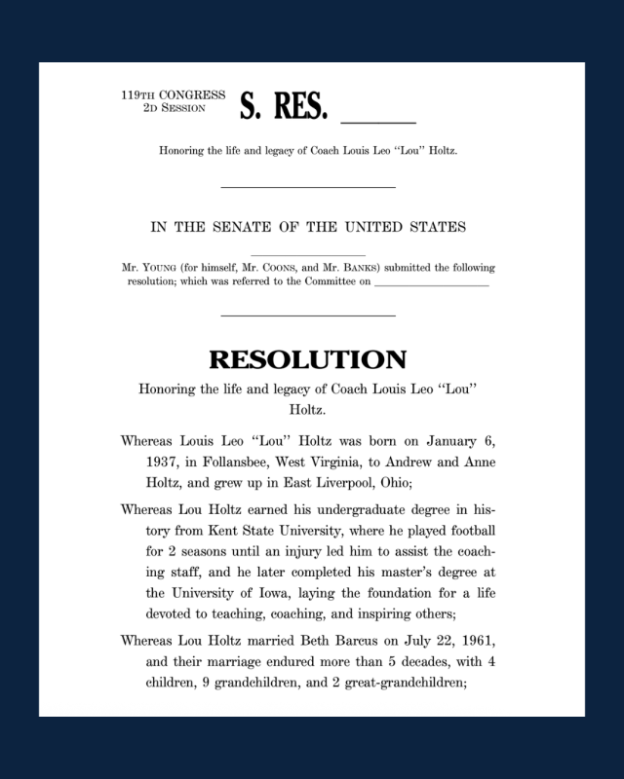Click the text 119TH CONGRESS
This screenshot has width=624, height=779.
click(x=173, y=95)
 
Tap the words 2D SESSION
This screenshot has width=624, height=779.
click(x=174, y=108)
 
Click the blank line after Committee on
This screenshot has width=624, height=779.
click(x=430, y=284)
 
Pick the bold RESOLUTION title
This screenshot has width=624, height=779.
click(x=307, y=359)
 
